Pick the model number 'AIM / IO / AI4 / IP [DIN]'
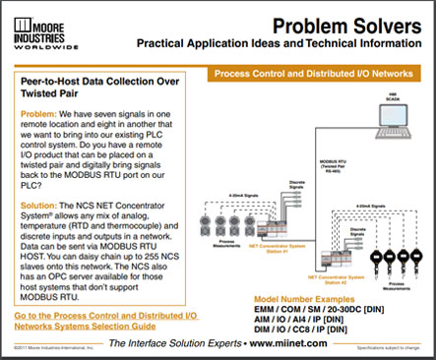(307, 319)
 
